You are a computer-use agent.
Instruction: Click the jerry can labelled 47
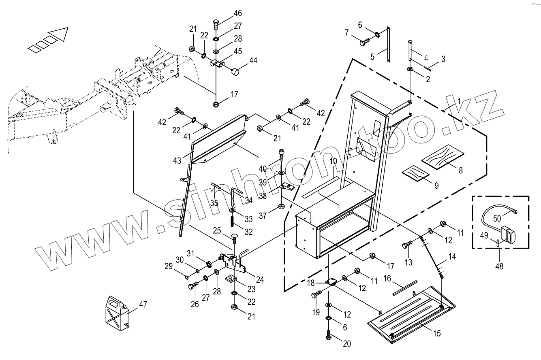click(117, 312)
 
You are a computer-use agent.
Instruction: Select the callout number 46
click(237, 13)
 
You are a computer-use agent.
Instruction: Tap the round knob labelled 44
click(235, 72)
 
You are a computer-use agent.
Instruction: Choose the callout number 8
click(461, 171)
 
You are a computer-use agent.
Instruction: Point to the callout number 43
click(177, 161)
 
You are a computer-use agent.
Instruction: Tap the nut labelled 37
click(281, 208)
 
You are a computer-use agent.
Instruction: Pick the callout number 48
click(500, 267)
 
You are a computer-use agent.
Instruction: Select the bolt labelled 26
click(192, 287)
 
